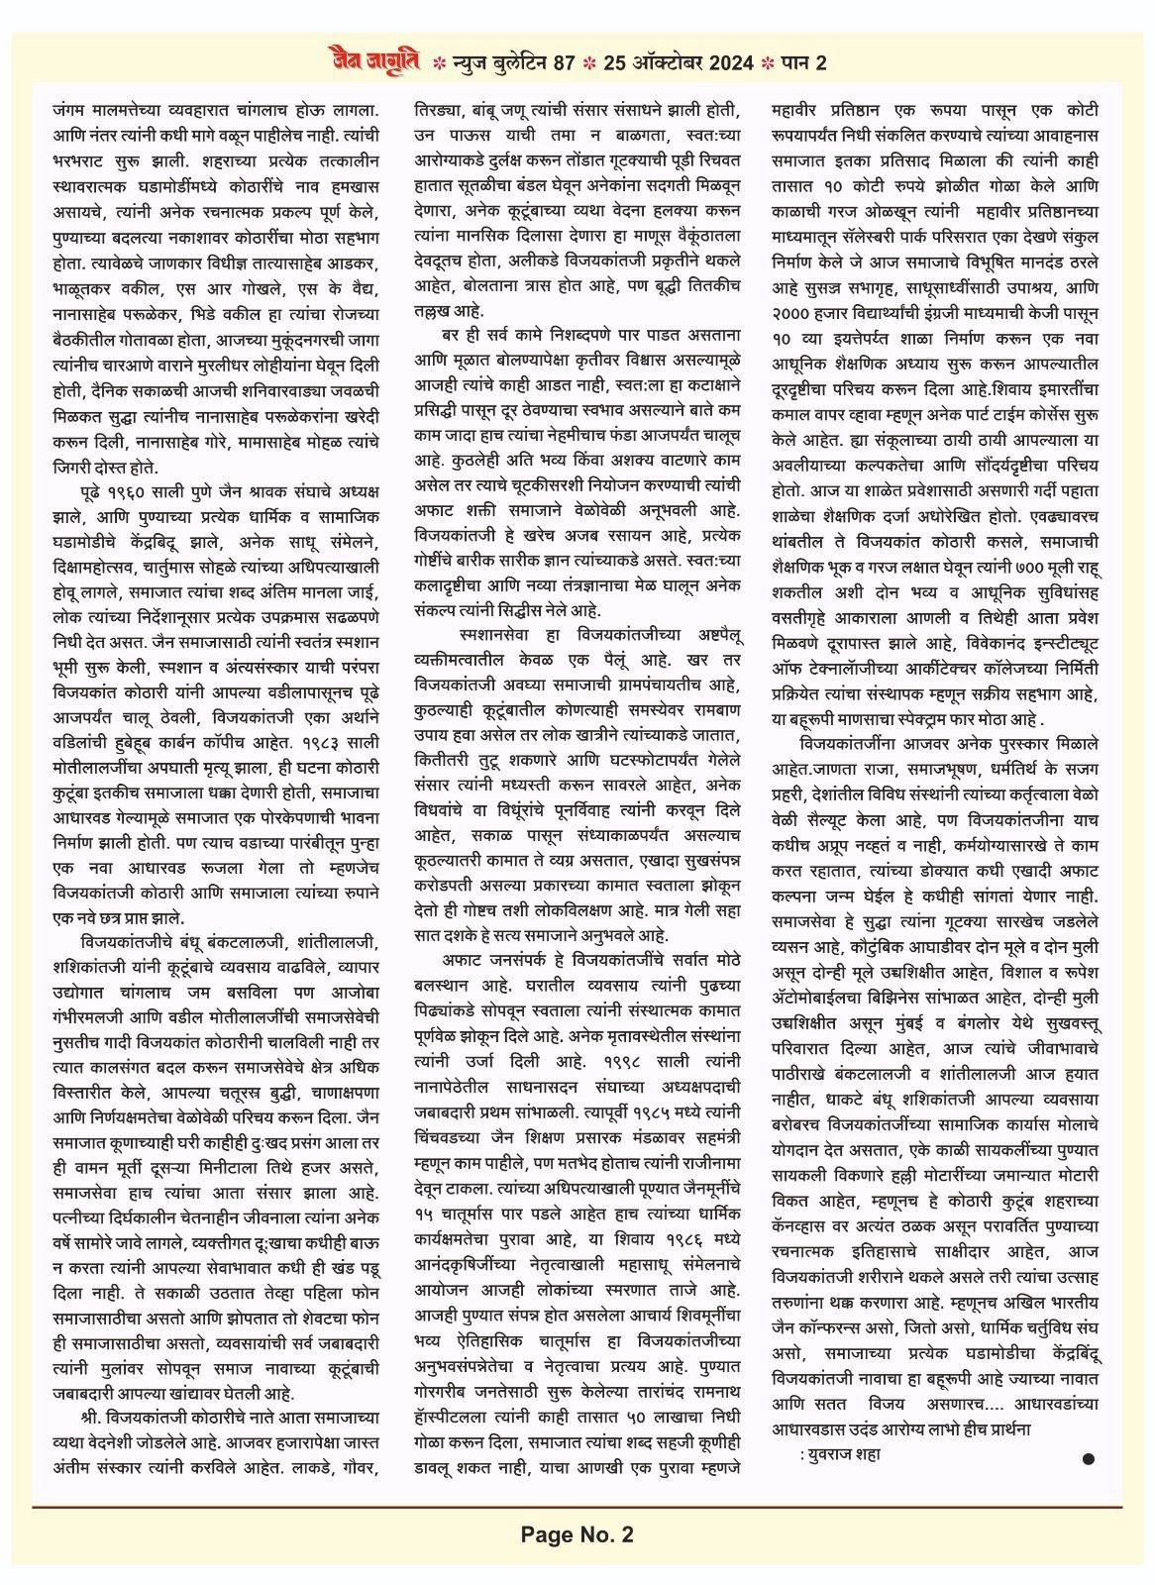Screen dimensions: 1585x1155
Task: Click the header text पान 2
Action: [805, 63]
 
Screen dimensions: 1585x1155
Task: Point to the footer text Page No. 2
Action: [577, 1535]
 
